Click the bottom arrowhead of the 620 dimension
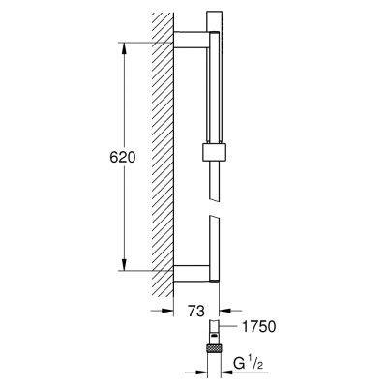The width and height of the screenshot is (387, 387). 124,263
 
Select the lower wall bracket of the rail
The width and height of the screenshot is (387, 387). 191,269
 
